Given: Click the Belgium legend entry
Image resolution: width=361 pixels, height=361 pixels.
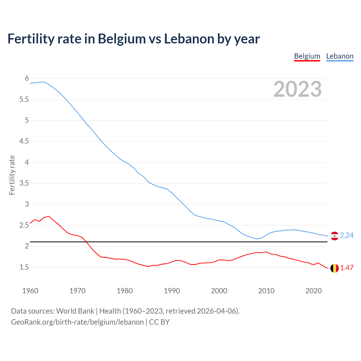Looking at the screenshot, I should pyautogui.click(x=307, y=56).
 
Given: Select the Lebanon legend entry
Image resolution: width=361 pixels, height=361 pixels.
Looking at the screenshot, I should pyautogui.click(x=340, y=56).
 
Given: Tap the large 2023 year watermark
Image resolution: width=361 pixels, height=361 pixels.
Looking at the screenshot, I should pyautogui.click(x=297, y=89).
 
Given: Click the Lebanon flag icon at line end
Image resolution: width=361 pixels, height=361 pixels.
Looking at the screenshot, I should pyautogui.click(x=334, y=236).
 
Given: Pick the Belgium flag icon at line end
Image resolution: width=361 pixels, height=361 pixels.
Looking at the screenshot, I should pyautogui.click(x=334, y=268).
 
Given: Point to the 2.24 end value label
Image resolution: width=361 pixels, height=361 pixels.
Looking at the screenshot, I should pyautogui.click(x=347, y=235).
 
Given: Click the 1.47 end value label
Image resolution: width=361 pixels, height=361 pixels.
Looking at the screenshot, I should pyautogui.click(x=347, y=268).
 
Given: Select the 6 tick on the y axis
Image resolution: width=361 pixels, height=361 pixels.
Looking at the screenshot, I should pyautogui.click(x=27, y=78).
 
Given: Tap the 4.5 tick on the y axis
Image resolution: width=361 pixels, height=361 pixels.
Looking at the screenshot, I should pyautogui.click(x=24, y=141).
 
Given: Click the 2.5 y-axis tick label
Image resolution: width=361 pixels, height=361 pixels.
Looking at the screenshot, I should pyautogui.click(x=24, y=225).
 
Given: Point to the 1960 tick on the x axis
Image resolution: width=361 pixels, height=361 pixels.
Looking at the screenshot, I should pyautogui.click(x=30, y=291).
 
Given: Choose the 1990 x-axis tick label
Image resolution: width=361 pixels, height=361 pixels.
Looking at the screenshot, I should pyautogui.click(x=172, y=291).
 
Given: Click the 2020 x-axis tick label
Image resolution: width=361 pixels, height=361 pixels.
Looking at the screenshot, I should pyautogui.click(x=313, y=291).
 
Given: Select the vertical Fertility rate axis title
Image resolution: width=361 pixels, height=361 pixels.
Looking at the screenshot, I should pyautogui.click(x=12, y=175).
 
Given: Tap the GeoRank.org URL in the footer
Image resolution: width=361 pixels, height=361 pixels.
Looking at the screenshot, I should pyautogui.click(x=77, y=322).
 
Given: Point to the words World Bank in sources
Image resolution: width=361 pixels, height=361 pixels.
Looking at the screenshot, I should pyautogui.click(x=75, y=311).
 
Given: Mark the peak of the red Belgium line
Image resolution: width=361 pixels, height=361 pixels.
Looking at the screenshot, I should pyautogui.click(x=49, y=216).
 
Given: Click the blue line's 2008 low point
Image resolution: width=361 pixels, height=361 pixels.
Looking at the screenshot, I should pyautogui.click(x=257, y=239).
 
